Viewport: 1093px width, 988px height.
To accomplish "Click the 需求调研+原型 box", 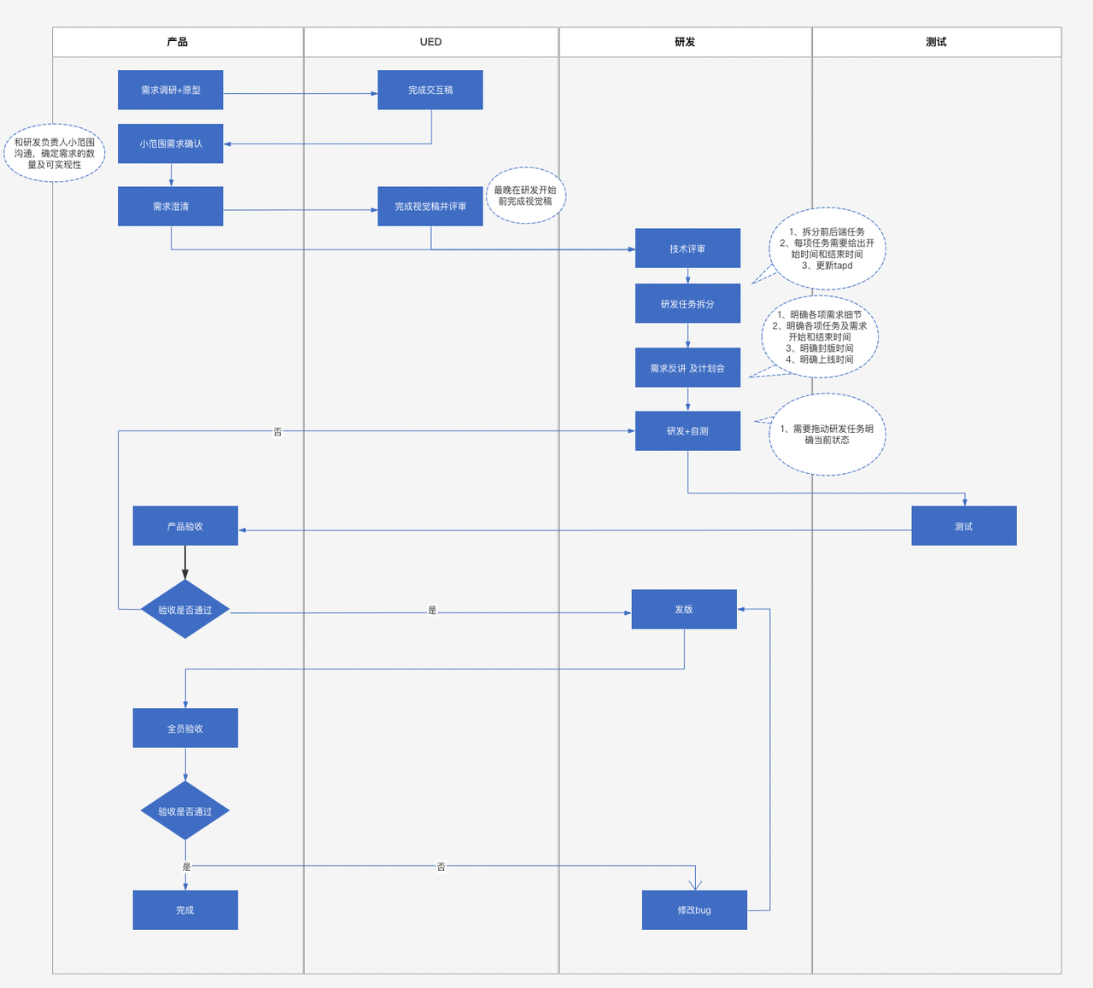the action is coord(171,90).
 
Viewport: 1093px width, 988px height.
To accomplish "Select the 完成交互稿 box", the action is coord(430,90).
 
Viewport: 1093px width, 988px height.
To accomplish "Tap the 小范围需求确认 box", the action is coord(171,143).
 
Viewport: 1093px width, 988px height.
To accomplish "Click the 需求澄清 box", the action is coord(171,207).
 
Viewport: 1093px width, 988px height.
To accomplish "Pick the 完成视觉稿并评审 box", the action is coord(430,207).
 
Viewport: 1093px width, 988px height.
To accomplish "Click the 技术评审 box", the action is coord(687,248).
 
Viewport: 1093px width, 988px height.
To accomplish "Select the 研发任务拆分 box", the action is coord(687,303).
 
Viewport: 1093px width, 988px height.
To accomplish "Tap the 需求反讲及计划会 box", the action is coord(687,368).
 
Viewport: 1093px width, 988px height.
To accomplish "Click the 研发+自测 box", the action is coord(687,431).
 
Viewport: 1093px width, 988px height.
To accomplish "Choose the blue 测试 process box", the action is coord(964,526).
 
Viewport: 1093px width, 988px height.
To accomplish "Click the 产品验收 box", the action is coord(185,526).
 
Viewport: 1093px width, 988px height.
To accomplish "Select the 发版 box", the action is coord(684,609).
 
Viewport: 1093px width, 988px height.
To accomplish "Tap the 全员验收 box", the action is coord(185,728).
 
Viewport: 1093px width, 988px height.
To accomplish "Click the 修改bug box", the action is coord(694,910).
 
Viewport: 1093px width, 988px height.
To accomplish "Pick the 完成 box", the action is coord(185,910).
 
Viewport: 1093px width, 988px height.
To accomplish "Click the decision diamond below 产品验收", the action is coord(185,609).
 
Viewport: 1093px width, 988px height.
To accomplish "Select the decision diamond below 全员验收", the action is coord(185,811).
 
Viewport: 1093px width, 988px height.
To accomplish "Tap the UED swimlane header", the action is coord(431,42).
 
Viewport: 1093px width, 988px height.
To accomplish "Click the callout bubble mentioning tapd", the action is coord(827,248).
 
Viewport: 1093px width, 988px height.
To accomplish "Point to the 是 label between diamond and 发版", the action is coord(432,611).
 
